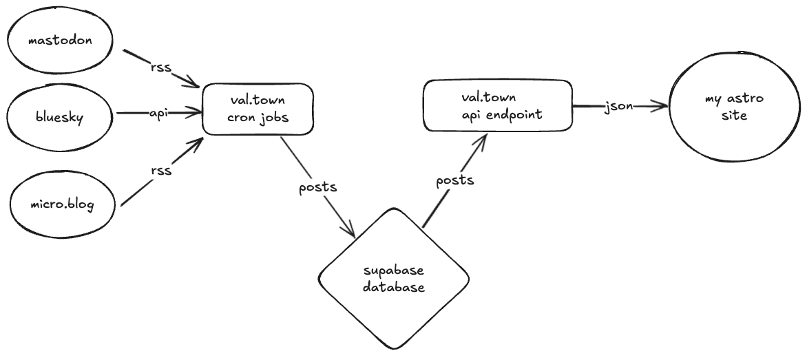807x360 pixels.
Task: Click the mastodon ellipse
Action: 61,40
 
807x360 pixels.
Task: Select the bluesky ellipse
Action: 61,118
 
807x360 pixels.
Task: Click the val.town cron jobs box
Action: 258,109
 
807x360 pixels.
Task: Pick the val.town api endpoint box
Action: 498,106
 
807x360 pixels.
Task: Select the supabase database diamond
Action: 393,278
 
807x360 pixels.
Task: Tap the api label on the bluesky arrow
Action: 158,112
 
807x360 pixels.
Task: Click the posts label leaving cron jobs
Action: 318,186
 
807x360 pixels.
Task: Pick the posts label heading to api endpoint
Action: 455,180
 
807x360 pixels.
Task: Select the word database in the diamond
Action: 393,288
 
